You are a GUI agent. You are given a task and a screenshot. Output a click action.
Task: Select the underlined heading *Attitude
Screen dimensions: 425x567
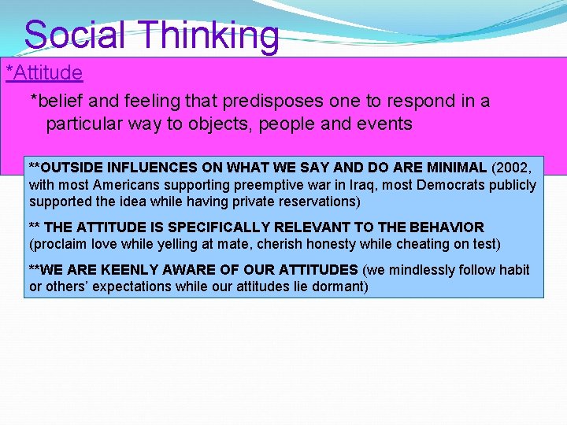tap(44, 73)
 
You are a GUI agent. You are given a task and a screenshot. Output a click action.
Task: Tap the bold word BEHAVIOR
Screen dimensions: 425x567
tap(444, 227)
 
